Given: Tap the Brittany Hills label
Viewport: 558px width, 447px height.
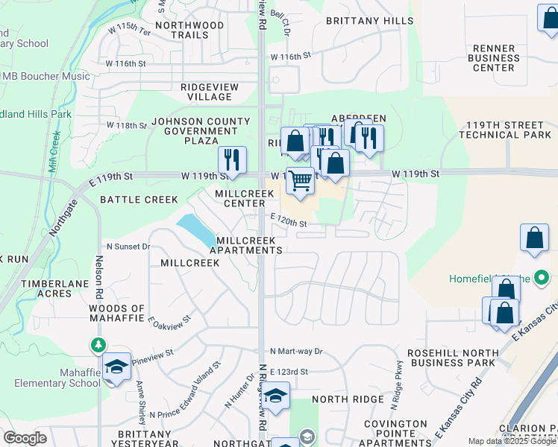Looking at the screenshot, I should pyautogui.click(x=369, y=21).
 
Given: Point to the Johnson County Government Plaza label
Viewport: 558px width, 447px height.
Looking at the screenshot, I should pyautogui.click(x=201, y=131).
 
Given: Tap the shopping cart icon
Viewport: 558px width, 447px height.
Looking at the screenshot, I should pyautogui.click(x=300, y=181).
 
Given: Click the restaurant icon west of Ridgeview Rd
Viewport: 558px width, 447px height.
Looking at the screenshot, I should pyautogui.click(x=232, y=159).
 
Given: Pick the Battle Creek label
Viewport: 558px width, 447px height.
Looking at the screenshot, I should pyautogui.click(x=139, y=200).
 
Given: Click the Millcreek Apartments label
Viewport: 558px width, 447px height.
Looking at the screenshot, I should pyautogui.click(x=245, y=246).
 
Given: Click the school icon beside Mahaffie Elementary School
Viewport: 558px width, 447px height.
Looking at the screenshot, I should pyautogui.click(x=116, y=367).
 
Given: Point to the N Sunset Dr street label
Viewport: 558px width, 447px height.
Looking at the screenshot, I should pyautogui.click(x=128, y=246).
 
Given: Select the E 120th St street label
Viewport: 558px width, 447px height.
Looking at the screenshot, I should pyautogui.click(x=289, y=222).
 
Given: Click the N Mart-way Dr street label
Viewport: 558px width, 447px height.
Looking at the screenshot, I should pyautogui.click(x=296, y=351).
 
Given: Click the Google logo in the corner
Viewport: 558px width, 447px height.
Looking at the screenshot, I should pyautogui.click(x=25, y=438).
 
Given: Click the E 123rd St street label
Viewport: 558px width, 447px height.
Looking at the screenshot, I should pyautogui.click(x=289, y=371).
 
